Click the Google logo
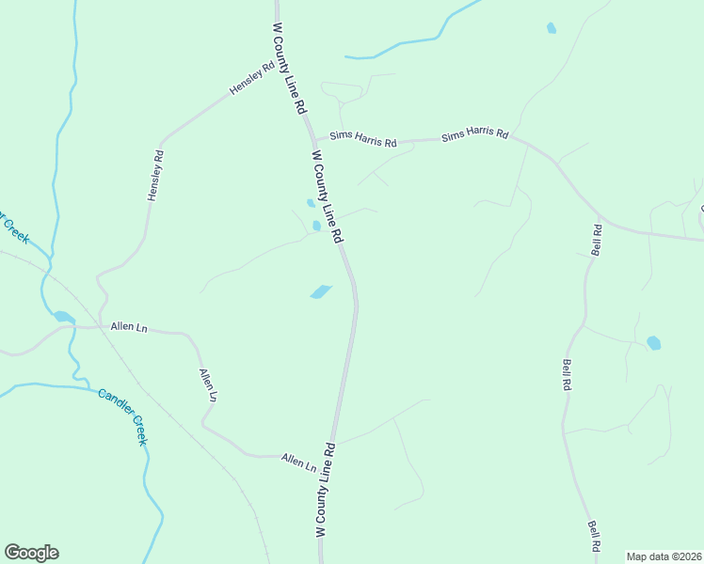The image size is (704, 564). tap(31, 553)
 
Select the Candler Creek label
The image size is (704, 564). tap(123, 416)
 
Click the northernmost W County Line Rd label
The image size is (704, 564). tap(290, 70)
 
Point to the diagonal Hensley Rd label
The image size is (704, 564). tap(250, 79)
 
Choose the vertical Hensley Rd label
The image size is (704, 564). tap(155, 174)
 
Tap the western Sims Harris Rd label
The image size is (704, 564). tap(362, 139)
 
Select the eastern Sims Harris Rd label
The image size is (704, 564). tap(474, 135)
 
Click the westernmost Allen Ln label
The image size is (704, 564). tap(129, 326)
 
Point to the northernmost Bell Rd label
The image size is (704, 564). tap(596, 240)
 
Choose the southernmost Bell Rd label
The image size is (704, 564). tap(594, 536)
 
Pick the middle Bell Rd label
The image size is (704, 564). tap(567, 374)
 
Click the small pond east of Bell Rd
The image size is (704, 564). tap(653, 343)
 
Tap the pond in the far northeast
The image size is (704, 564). tap(551, 28)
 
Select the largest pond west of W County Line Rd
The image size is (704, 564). tap(321, 292)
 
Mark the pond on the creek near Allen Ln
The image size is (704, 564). tap(63, 317)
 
